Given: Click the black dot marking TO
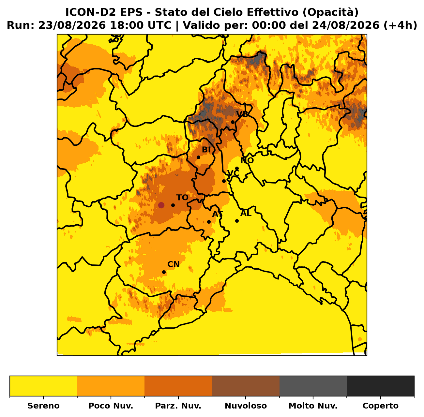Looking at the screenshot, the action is click(x=173, y=205).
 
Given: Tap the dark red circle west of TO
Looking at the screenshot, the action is click(x=161, y=205).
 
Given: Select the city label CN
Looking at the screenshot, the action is click(x=174, y=264).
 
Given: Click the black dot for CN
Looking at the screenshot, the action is click(x=164, y=272).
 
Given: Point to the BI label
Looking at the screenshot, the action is click(x=206, y=150).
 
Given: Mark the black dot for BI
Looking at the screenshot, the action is click(x=198, y=157).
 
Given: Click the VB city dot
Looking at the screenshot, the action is click(x=233, y=122).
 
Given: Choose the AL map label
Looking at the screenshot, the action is click(x=246, y=213).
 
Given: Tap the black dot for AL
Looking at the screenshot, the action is click(x=237, y=221).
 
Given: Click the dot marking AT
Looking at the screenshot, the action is click(x=209, y=222).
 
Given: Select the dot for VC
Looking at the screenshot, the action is click(x=224, y=181).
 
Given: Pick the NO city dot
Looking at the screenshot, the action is click(x=237, y=168).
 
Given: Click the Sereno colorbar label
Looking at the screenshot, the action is click(x=43, y=406).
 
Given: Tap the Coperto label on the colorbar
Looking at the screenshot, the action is click(x=380, y=406).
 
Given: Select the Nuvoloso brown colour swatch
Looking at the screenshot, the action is click(x=246, y=386).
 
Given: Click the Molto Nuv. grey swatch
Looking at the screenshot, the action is click(x=313, y=386).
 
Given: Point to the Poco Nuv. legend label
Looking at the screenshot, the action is click(x=111, y=406).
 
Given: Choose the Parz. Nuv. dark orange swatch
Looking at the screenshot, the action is click(x=178, y=386).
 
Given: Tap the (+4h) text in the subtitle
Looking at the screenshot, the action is click(x=400, y=25).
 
